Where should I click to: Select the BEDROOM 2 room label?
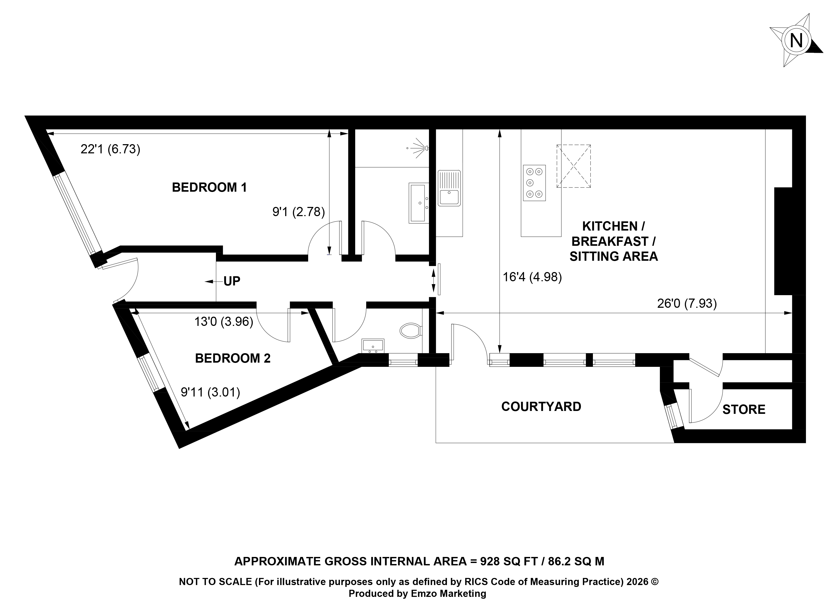point(233,358)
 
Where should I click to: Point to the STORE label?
point(744,410)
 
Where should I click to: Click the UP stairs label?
point(232,281)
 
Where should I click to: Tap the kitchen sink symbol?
point(449,188)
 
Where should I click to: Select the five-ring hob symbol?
point(534,183)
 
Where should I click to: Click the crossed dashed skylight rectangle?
point(573,166)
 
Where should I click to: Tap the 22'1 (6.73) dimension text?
point(111,149)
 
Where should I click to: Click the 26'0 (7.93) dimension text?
point(687,304)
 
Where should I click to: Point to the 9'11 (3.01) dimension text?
point(210,392)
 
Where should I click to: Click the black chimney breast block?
point(784,241)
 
